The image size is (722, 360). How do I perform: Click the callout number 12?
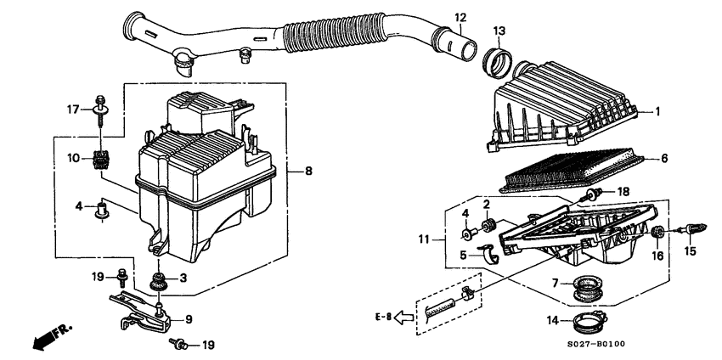click(x=460, y=18)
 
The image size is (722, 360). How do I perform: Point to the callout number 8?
click(x=308, y=172)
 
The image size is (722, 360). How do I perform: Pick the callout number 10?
click(x=73, y=157)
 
